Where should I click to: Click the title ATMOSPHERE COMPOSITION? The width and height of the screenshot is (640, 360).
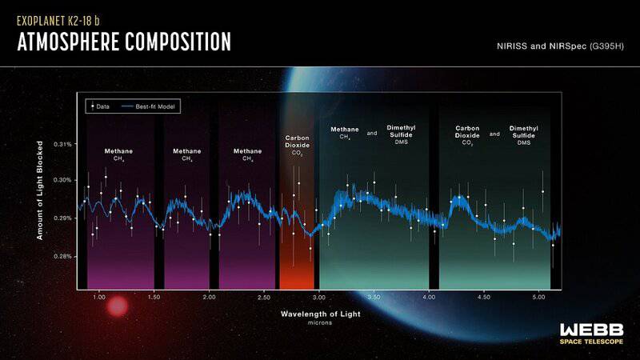point(124,42)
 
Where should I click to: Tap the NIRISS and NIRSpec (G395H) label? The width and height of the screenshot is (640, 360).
point(555,48)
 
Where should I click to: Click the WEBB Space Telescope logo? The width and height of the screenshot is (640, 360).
point(593,334)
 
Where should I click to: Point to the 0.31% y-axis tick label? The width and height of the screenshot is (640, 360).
point(63,145)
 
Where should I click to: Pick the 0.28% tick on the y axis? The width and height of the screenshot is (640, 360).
point(63,257)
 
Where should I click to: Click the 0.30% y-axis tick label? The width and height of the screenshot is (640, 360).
point(63,181)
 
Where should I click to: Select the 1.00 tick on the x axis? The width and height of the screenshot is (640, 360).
point(99,297)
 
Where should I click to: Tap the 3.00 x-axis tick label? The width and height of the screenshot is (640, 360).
point(319,297)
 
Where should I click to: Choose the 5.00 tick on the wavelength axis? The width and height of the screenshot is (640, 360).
point(538,297)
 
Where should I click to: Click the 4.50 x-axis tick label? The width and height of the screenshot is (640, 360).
point(483,297)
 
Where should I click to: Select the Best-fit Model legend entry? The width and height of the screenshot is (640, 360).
point(148,105)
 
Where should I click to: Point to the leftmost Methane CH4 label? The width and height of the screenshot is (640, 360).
point(118,154)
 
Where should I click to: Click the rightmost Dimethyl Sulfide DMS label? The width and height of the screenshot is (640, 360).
point(524,134)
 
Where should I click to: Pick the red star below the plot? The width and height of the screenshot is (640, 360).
point(118,306)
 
